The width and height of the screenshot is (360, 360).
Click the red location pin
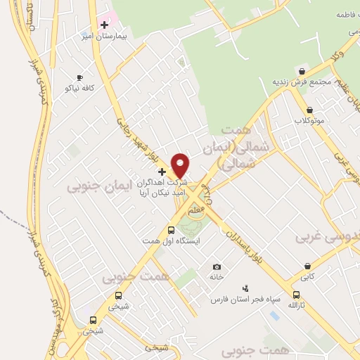[181, 165]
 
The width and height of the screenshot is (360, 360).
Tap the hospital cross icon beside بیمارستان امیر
[104, 25]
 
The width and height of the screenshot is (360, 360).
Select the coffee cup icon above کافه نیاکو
[79, 77]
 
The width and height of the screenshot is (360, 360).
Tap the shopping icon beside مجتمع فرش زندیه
[302, 71]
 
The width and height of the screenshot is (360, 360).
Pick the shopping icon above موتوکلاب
[309, 110]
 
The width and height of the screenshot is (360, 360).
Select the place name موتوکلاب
[309, 120]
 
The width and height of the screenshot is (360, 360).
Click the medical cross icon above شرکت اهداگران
[162, 171]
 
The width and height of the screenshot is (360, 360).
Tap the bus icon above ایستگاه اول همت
[171, 230]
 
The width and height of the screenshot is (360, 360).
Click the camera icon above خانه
[217, 266]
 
